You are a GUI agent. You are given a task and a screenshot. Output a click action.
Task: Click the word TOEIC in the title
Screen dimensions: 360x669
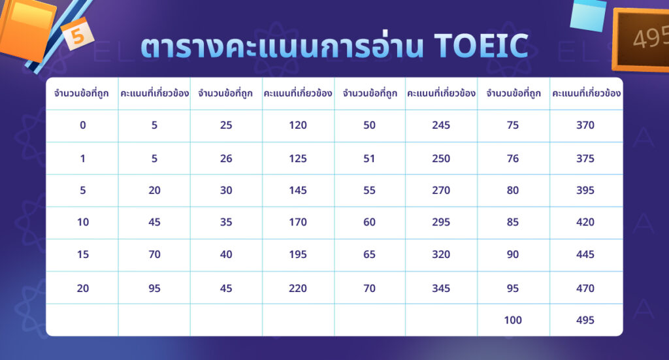[480, 46]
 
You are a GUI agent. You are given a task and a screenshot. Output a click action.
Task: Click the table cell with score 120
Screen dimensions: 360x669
[297, 125]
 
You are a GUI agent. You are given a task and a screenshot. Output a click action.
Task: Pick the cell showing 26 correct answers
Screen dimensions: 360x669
[226, 158]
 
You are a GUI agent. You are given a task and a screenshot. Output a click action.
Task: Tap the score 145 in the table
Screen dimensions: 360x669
[297, 190]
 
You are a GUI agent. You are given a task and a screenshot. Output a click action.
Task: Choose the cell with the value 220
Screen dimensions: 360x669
[297, 288]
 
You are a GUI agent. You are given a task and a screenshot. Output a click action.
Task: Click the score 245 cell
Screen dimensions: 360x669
[441, 125]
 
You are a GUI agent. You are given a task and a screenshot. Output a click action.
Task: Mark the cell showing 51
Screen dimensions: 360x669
[369, 158]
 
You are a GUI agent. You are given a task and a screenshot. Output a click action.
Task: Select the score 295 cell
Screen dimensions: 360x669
[441, 222]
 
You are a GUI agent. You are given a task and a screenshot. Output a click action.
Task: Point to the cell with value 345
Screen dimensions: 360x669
[441, 288]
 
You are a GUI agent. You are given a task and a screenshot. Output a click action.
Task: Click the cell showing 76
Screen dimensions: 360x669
[513, 158]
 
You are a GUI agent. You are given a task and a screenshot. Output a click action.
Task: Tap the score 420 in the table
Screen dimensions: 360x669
[585, 222]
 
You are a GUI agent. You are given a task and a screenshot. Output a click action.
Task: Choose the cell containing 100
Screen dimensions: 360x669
[513, 320]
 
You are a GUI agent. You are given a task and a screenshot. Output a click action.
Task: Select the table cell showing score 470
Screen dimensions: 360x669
[585, 288]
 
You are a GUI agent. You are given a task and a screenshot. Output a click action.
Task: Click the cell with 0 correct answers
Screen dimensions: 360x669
[82, 125]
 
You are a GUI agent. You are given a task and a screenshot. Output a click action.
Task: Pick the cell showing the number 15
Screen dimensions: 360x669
[82, 255]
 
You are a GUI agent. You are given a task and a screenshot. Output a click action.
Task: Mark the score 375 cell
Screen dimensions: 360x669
[585, 158]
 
